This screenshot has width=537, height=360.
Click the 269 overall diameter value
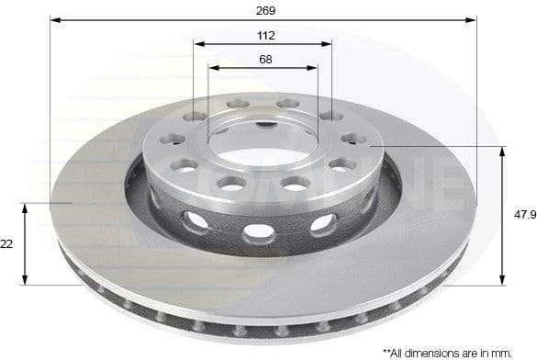(x=266, y=10)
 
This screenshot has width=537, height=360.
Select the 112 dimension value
(x=266, y=35)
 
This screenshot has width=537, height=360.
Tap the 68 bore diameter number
(x=265, y=59)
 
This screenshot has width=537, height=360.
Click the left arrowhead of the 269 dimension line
(x=54, y=19)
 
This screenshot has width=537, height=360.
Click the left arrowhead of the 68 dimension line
(x=213, y=67)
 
